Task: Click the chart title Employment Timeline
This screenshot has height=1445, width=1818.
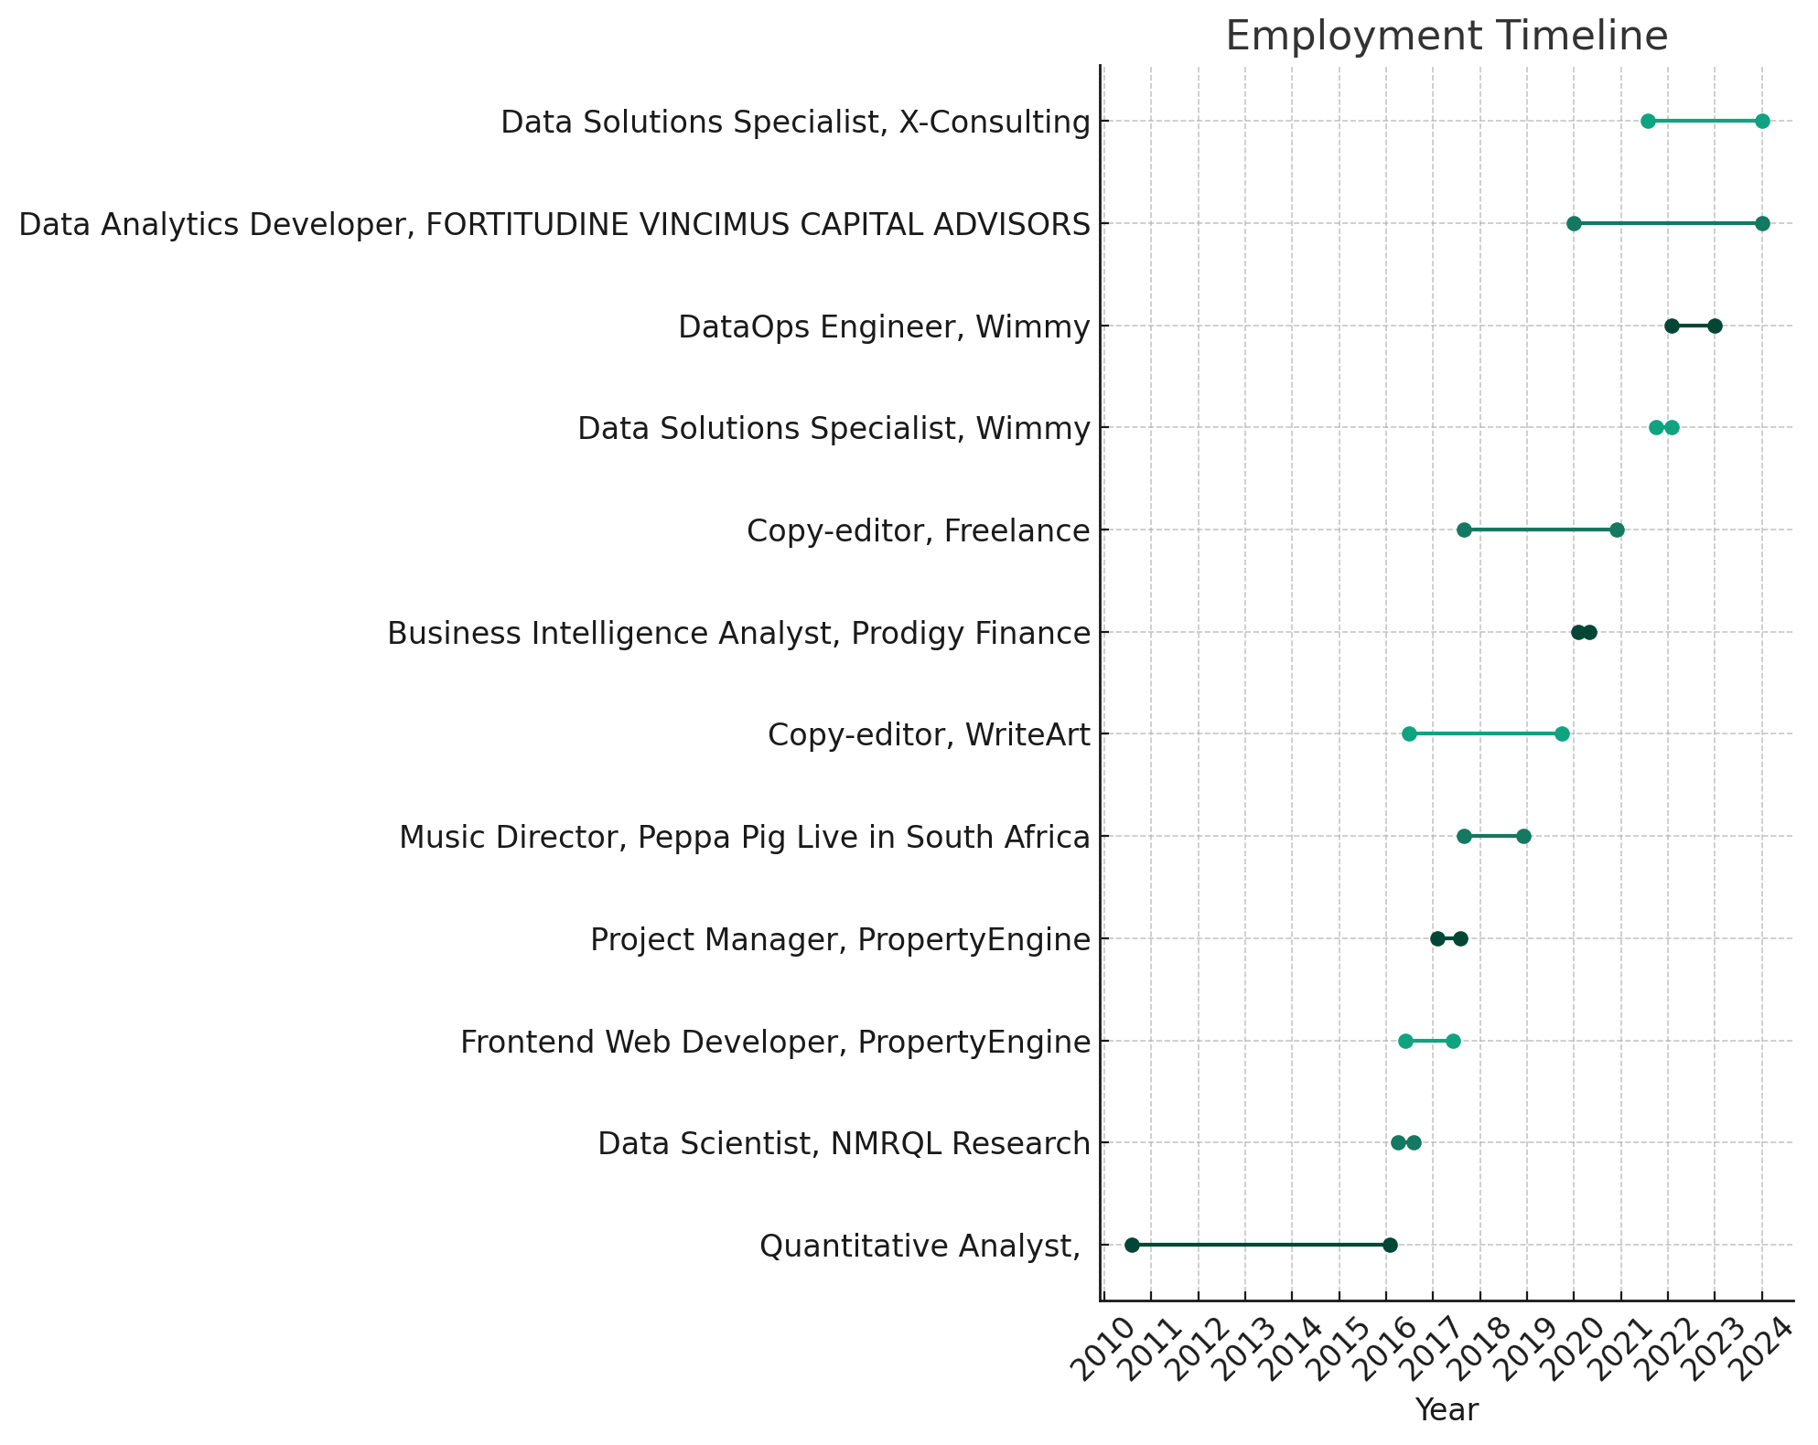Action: (1446, 37)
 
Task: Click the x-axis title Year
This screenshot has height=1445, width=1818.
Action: (1446, 1410)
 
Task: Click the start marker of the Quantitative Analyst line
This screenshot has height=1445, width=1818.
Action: (1132, 1245)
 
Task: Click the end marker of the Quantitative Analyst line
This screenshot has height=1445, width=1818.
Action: (1390, 1245)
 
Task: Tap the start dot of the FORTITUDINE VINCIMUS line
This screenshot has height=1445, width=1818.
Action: (1574, 223)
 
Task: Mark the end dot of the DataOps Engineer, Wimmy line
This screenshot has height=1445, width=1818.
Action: (1715, 326)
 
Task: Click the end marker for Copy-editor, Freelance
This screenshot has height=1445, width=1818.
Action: (1617, 530)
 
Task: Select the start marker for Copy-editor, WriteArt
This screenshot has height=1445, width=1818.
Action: (1409, 733)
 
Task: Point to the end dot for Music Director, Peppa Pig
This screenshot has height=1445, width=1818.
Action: (1523, 836)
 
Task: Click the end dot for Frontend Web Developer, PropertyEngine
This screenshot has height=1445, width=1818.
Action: (1453, 1041)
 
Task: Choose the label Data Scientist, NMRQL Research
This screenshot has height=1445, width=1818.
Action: (844, 1143)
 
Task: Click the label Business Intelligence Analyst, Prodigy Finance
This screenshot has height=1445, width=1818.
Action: (738, 633)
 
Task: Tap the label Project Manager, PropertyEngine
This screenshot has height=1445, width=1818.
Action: (840, 939)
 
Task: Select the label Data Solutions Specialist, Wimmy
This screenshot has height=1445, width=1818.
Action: (834, 428)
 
